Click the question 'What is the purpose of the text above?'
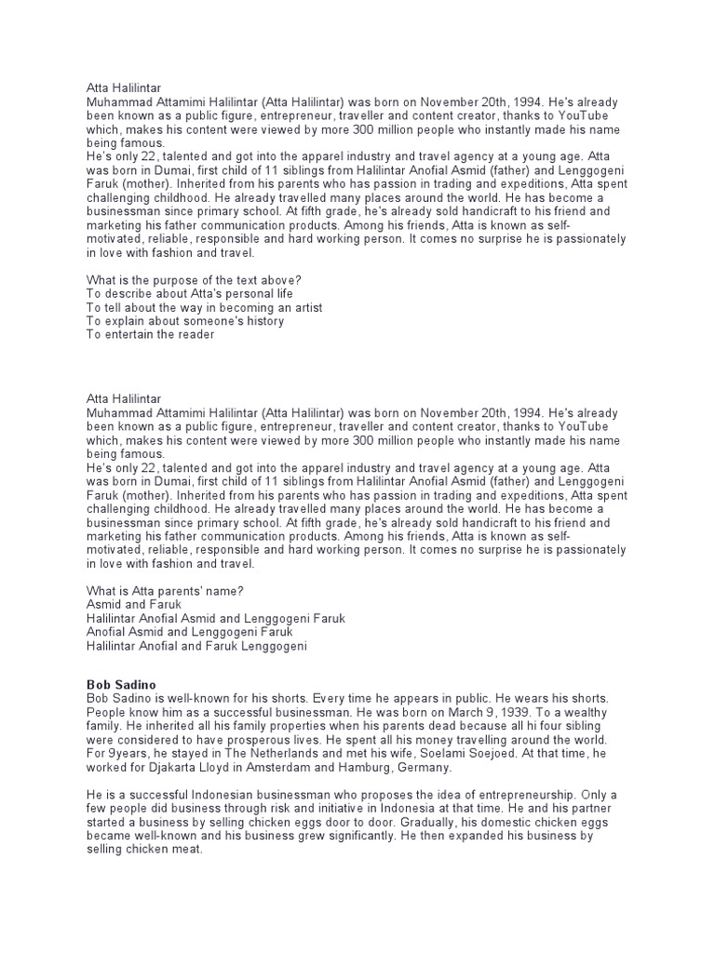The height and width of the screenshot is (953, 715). point(193,280)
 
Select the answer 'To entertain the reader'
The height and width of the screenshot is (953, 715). point(150,334)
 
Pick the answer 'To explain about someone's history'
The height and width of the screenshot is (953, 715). point(185,321)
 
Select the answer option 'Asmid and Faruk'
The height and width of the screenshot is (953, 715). point(133,605)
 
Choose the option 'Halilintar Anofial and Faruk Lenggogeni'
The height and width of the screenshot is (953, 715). point(196,645)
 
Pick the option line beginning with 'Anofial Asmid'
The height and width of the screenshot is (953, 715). point(183,632)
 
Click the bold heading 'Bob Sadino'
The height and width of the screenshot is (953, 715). point(118,684)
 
